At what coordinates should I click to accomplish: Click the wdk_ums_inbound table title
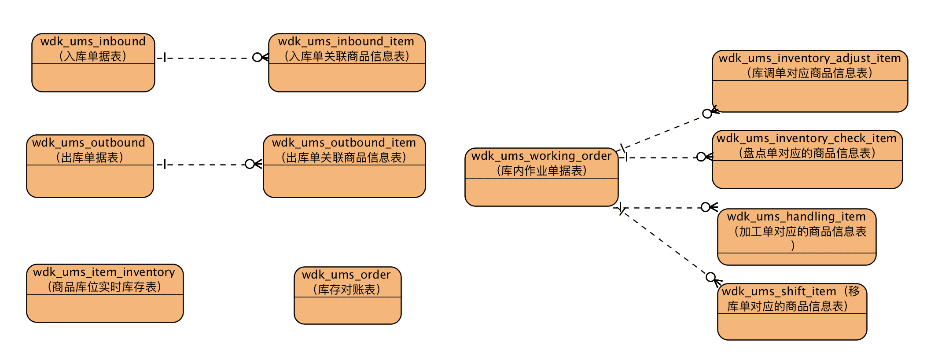(x=93, y=41)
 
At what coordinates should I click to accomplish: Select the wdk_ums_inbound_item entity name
(x=346, y=41)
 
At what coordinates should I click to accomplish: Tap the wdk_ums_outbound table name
(x=88, y=143)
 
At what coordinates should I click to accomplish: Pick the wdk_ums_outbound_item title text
(x=344, y=143)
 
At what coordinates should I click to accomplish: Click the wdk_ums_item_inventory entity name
(x=104, y=272)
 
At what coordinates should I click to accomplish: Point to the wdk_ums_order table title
(x=346, y=275)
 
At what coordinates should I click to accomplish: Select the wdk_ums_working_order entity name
(x=541, y=156)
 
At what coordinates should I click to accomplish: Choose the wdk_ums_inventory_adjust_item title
(x=809, y=58)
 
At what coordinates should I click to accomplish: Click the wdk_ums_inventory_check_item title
(x=806, y=138)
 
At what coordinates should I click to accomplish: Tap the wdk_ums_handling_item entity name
(x=796, y=217)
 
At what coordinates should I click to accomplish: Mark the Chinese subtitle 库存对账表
(x=346, y=290)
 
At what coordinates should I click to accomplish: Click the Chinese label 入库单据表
(x=93, y=56)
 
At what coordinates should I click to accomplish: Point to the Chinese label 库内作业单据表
(x=541, y=171)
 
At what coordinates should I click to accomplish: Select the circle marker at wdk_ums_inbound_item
(x=257, y=57)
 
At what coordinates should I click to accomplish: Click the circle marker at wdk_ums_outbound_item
(x=250, y=164)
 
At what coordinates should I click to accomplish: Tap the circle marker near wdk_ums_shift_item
(x=710, y=277)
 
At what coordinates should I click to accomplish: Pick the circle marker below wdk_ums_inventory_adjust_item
(x=707, y=114)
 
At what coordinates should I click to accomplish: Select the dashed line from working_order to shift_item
(x=665, y=242)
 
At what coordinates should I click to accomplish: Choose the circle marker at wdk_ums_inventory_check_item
(x=701, y=157)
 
